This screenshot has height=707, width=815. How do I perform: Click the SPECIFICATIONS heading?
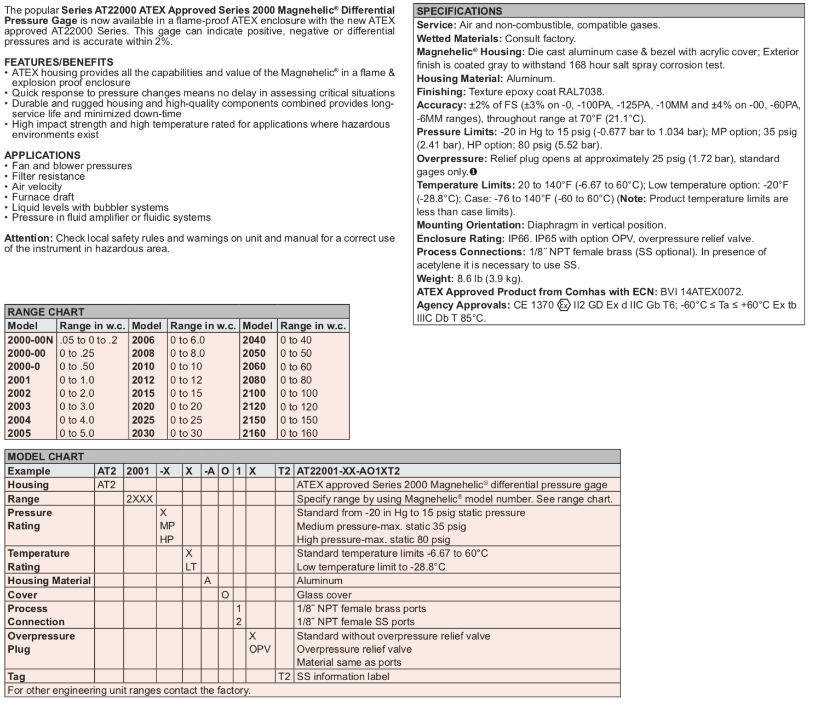tap(459, 11)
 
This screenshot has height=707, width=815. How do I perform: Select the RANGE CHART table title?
tap(46, 312)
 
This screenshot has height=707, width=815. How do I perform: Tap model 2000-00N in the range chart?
tap(30, 340)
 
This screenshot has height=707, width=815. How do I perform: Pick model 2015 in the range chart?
tap(143, 393)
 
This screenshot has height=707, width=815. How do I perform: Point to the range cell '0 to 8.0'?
tap(187, 353)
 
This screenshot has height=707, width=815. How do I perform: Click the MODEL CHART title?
tap(46, 457)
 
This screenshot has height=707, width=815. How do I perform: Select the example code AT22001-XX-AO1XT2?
tap(348, 471)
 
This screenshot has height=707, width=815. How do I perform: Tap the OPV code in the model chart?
tap(260, 649)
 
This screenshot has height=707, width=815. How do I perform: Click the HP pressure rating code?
tap(167, 539)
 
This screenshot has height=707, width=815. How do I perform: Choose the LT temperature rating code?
tap(191, 567)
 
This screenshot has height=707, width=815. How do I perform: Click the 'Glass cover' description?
tap(324, 595)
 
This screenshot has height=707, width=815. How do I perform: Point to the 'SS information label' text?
tap(343, 676)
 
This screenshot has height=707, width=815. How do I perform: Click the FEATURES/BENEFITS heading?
tap(59, 62)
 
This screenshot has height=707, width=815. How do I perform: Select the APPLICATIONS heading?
tap(42, 155)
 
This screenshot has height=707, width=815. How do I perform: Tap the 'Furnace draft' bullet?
tap(43, 197)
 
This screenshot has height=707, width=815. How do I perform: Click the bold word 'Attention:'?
tap(28, 238)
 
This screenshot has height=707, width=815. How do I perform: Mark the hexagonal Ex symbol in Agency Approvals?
tap(564, 305)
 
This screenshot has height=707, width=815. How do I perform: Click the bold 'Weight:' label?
tap(435, 278)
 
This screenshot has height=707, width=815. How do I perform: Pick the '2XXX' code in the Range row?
tap(140, 499)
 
